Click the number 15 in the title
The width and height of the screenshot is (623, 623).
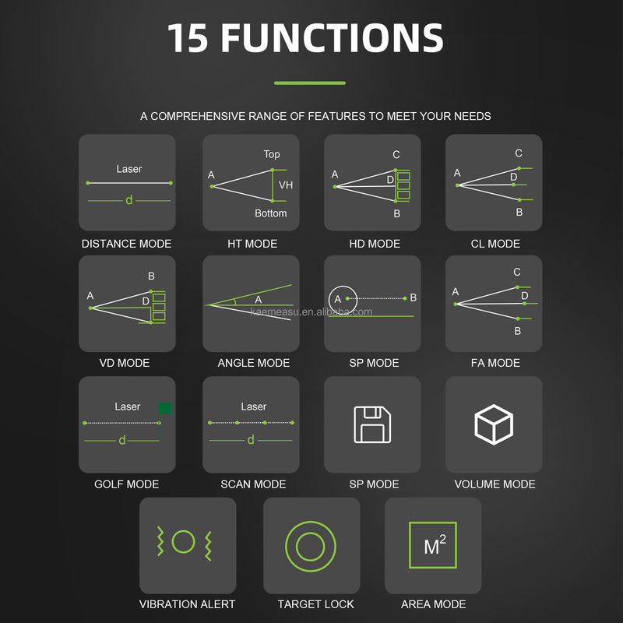188,37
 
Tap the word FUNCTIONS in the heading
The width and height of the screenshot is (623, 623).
333,37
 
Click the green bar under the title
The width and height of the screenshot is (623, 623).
309,83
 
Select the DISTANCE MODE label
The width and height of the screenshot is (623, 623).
126,244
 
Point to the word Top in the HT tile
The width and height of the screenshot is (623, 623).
272,154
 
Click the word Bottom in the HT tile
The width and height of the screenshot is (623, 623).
270,213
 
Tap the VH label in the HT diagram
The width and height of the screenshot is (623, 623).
286,185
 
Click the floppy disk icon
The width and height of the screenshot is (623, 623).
372,424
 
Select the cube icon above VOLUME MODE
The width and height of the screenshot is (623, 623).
494,424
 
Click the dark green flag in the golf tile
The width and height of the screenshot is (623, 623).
165,408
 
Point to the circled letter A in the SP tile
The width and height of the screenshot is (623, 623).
338,299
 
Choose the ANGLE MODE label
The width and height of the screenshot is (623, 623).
254,363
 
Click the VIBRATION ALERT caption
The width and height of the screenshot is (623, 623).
187,604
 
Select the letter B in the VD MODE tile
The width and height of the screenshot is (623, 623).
151,276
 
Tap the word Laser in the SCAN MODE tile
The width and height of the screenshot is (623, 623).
254,407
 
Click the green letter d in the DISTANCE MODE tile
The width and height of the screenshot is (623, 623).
128,200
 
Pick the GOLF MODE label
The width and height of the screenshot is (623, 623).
126,484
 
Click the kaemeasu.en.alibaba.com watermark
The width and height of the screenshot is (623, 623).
311,312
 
